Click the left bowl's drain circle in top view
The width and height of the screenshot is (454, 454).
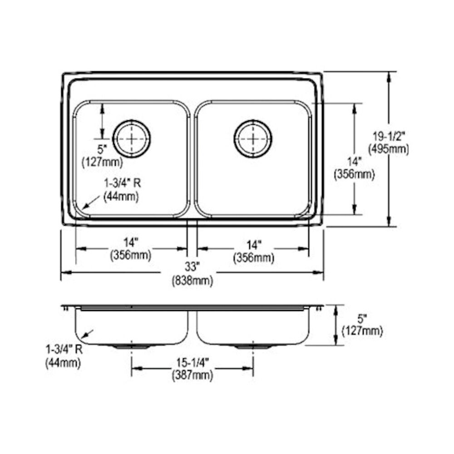[132, 138]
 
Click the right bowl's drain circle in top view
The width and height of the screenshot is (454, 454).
[253, 138]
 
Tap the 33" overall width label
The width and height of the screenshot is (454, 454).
[192, 266]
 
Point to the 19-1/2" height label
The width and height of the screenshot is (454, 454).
[389, 135]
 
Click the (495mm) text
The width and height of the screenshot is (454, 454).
[389, 149]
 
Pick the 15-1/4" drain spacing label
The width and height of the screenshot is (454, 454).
[192, 362]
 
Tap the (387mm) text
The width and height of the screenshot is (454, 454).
[192, 375]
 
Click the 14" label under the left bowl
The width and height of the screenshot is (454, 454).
[131, 242]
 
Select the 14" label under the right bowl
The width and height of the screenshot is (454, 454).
[254, 245]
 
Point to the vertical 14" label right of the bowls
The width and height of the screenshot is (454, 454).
[355, 161]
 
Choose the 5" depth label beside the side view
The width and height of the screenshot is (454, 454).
[362, 319]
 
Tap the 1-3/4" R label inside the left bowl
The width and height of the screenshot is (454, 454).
[123, 183]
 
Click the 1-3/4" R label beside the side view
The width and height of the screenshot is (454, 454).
[64, 349]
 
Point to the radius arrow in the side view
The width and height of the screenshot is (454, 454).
[88, 334]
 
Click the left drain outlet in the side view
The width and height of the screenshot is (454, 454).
[131, 346]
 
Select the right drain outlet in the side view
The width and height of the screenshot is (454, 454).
[253, 346]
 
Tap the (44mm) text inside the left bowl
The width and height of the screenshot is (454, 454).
[121, 197]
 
